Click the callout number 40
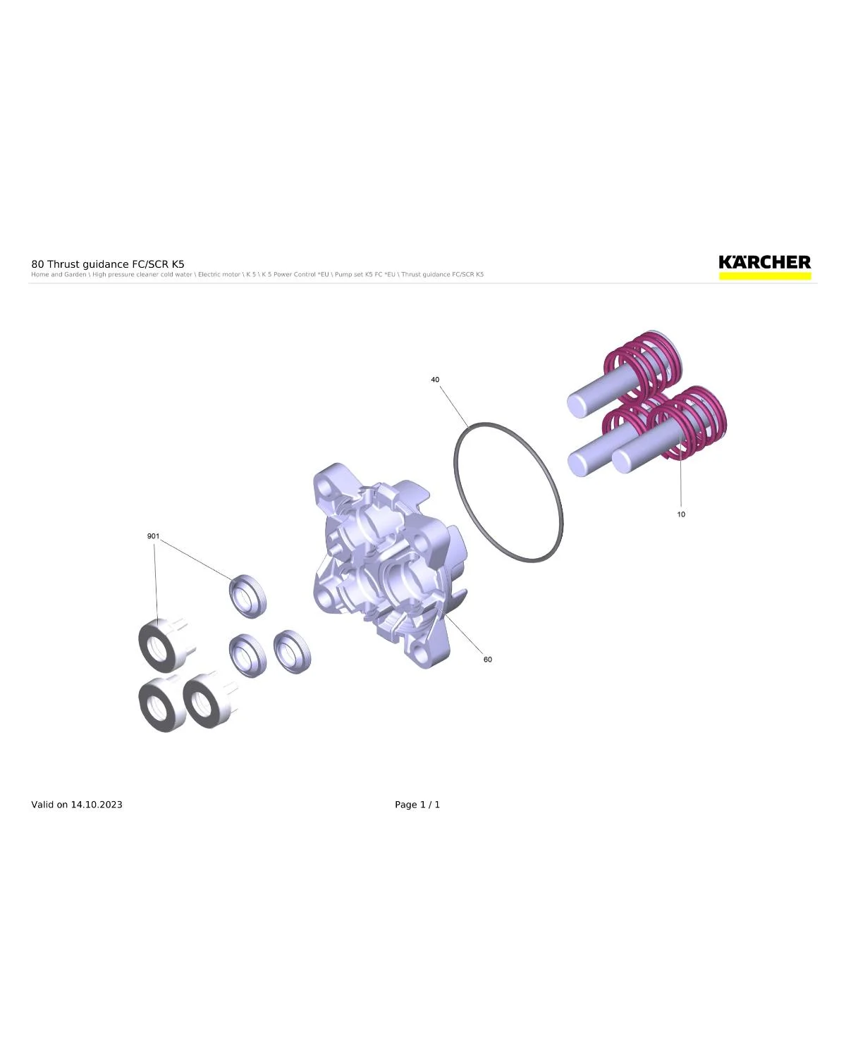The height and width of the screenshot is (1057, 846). tap(434, 380)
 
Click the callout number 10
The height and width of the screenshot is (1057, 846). tap(681, 514)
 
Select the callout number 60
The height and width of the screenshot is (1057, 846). tap(488, 660)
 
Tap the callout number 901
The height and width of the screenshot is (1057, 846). tap(154, 536)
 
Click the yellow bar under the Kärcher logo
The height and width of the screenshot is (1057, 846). tap(764, 276)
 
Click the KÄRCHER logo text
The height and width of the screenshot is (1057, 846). tap(764, 262)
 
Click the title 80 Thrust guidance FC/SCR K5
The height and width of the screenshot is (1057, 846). tap(108, 264)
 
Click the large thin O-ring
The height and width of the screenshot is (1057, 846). tap(455, 471)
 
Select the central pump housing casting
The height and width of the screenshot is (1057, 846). tap(388, 565)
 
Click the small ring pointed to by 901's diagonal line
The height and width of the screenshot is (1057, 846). tap(247, 595)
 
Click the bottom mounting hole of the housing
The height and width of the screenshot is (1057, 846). tap(419, 653)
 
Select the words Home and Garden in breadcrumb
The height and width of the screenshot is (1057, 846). tap(59, 275)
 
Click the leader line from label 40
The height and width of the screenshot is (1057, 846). tap(454, 406)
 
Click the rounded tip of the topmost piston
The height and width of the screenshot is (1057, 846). tap(576, 405)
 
